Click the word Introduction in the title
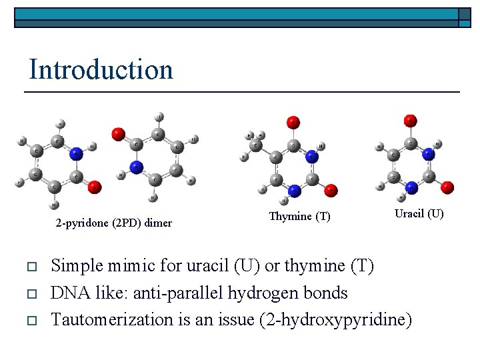pos(101,69)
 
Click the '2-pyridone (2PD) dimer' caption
pos(113,223)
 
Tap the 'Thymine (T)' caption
pos(299,217)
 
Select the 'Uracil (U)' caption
pos(419,214)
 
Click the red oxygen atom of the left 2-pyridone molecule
pos(94,187)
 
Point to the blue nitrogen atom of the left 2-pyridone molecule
pos(76,153)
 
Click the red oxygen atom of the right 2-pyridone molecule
pos(118,134)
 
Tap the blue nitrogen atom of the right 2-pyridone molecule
pos(136,167)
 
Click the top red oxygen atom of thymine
pos(293,123)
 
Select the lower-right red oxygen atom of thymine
pos(331,190)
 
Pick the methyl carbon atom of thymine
pos(255,145)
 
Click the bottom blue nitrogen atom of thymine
pos(294,190)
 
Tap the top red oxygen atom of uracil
pos(411,121)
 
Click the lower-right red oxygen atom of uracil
pos(447,187)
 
